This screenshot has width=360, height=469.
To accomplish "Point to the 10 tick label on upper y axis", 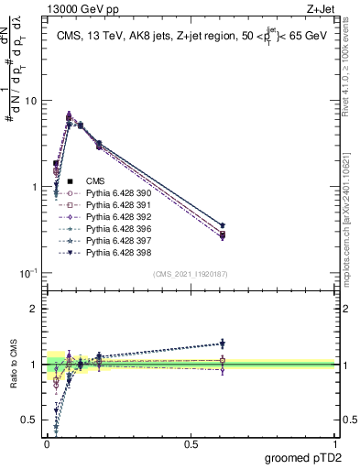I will [x=28, y=101].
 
